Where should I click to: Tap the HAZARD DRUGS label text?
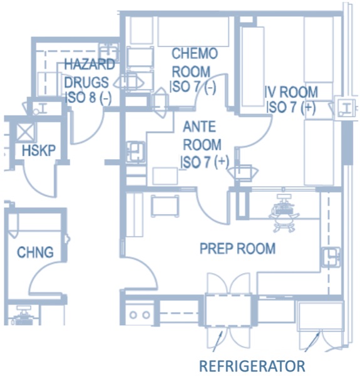(89, 73)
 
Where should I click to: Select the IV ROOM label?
(291, 92)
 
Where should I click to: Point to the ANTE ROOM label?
(202, 135)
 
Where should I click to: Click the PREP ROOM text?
(237, 248)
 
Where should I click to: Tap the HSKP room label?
(39, 150)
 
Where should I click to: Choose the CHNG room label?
(35, 253)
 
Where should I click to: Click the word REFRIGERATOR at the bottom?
(252, 366)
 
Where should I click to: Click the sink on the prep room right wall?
(331, 257)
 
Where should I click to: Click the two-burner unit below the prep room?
(140, 315)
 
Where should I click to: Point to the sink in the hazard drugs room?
(109, 52)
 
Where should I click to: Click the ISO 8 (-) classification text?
(89, 97)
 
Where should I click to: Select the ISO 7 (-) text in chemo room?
(193, 86)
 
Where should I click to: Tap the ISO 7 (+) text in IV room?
(291, 107)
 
